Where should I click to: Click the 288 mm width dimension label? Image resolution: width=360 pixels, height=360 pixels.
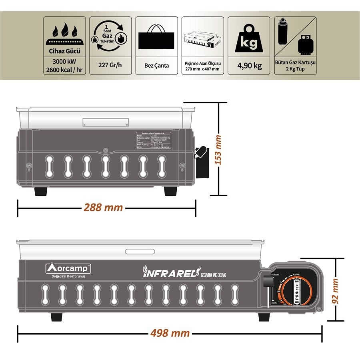tap(103, 208)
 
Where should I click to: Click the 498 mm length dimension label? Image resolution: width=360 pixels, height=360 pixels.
tap(170, 333)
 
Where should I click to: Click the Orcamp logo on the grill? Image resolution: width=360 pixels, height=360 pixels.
tap(68, 268)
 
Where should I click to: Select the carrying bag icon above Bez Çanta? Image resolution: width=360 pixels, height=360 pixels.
tap(156, 37)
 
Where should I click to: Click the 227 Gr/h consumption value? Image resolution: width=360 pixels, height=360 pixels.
tap(110, 65)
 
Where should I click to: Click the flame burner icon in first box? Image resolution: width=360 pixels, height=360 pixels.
tap(64, 34)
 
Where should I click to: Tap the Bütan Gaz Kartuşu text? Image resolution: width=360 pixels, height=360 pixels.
tap(295, 62)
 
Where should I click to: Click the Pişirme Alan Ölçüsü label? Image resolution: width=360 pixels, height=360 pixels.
tap(203, 63)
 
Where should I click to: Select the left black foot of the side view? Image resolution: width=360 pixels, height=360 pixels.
tap(41, 191)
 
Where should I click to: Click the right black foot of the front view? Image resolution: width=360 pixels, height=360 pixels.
tap(264, 317)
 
